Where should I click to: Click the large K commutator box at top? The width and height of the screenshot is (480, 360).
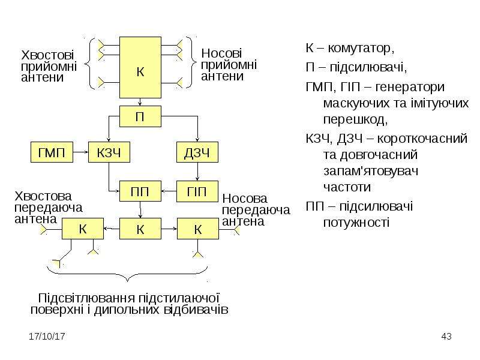140,68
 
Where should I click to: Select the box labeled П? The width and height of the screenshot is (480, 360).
140,116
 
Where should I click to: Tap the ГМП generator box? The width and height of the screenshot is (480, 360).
52,152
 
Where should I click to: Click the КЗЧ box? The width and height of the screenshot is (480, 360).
109,152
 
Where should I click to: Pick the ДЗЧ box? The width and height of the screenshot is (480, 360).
197,152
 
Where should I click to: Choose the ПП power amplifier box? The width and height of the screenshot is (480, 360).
140,191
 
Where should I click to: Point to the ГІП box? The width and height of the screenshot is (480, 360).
197,191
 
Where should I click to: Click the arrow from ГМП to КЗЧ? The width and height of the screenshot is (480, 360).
81,152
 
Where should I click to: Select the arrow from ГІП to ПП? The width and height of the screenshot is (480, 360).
169,191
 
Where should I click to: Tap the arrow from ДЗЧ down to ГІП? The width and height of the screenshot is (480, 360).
197,172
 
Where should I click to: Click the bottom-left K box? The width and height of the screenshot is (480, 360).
83,229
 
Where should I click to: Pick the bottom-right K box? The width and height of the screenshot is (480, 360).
198,229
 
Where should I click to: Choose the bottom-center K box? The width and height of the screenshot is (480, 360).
140,229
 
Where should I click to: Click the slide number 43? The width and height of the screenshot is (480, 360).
446,337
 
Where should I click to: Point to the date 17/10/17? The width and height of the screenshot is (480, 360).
47,337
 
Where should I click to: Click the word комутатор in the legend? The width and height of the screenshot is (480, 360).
361,49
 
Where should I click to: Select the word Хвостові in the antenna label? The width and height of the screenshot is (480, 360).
47,55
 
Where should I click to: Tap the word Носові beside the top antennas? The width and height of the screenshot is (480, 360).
221,53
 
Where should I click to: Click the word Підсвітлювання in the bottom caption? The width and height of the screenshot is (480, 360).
86,298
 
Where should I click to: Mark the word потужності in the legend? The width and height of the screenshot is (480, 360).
356,223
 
